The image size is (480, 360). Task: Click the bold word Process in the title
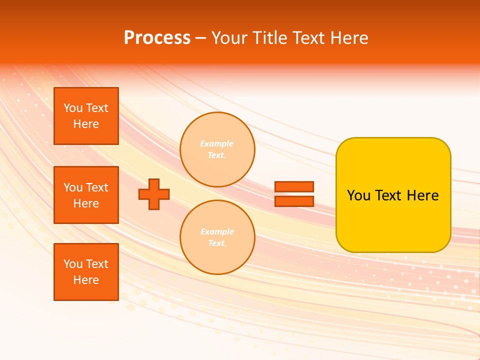point(157,38)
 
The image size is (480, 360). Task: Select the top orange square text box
point(86,116)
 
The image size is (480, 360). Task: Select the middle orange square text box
point(86,195)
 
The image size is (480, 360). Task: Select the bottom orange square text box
point(86,272)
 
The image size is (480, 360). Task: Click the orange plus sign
point(154,194)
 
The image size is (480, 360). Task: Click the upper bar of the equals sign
point(294,186)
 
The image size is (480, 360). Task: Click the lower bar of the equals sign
point(294,201)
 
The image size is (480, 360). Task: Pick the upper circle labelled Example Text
point(217,149)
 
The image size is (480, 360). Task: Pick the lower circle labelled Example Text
point(217,237)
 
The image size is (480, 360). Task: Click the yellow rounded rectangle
point(393,220)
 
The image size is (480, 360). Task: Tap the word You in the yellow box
point(358,195)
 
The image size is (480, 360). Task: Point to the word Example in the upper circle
point(216,143)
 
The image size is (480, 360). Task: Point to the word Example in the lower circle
point(216,231)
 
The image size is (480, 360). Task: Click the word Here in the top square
point(86,124)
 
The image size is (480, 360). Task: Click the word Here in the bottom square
point(86,280)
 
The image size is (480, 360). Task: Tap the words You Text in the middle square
point(86,187)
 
